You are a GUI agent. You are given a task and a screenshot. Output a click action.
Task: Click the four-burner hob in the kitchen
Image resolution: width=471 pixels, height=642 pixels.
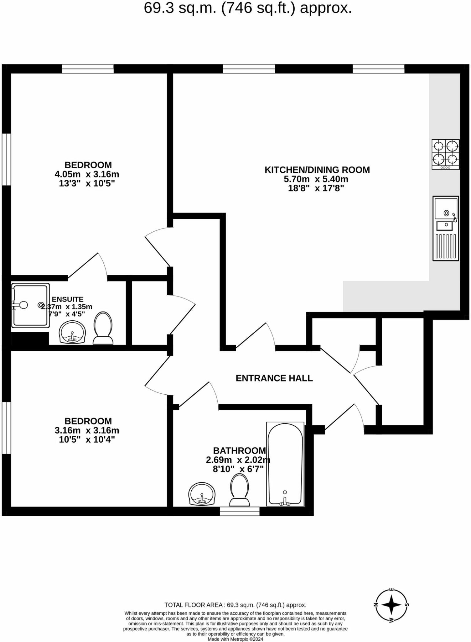coord(446,154)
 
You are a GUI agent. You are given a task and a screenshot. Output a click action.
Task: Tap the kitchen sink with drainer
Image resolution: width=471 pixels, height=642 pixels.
coord(446,228)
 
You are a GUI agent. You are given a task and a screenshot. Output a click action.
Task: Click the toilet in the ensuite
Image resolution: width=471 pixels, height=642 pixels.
coord(103,328)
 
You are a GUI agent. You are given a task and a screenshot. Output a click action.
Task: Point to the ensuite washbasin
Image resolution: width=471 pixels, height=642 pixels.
coord(72,332)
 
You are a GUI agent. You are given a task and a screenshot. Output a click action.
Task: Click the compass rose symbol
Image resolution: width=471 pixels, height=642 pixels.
coord(391,605)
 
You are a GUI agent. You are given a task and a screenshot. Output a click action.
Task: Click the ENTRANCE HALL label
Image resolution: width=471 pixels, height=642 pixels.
coord(274,378)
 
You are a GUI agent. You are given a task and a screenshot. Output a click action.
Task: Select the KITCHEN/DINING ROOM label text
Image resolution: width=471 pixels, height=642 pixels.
coord(317,170)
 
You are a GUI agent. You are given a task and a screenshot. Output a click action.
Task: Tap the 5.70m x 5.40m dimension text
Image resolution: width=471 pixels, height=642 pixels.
coord(316,179)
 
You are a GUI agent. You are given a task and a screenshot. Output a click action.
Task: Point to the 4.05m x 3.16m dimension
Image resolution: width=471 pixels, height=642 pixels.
coord(87,174)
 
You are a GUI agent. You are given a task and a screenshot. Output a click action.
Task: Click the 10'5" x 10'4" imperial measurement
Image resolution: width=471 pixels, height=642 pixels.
coord(87,439)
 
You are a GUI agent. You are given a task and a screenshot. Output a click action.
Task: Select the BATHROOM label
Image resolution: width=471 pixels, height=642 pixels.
coord(239,450)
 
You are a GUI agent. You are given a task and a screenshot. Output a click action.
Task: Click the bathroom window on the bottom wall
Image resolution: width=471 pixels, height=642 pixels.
coord(240,511)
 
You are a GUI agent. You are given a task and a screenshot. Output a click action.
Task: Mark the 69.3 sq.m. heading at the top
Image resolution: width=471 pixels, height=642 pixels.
coord(248,8)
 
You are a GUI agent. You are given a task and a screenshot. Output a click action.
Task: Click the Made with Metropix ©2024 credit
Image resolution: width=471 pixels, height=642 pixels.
coord(235,639)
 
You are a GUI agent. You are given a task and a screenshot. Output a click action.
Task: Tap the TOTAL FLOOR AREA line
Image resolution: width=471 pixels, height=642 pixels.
coord(235,605)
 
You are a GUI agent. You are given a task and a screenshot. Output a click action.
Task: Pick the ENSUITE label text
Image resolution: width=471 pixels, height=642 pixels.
coord(68,299)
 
